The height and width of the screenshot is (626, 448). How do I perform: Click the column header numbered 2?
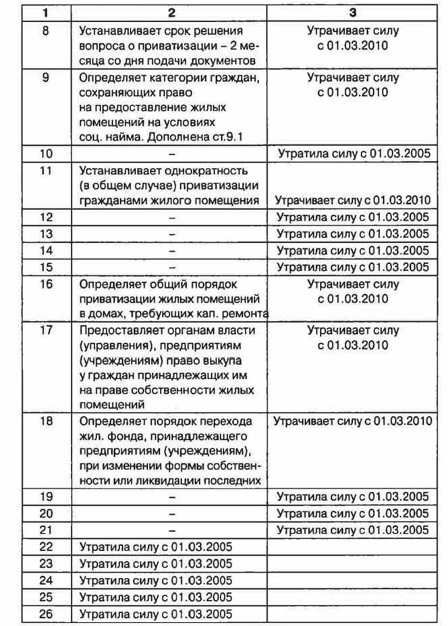tap(172, 12)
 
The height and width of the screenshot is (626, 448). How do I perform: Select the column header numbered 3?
tap(353, 12)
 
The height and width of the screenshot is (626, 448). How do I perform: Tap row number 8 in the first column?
tap(45, 31)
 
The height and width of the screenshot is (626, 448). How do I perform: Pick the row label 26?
tap(45, 614)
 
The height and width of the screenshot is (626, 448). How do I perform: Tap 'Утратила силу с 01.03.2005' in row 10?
tap(353, 154)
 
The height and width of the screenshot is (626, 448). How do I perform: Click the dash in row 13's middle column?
tap(172, 234)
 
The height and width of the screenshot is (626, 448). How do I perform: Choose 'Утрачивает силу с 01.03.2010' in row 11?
tap(353, 200)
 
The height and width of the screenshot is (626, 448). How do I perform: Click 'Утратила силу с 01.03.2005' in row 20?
tap(353, 513)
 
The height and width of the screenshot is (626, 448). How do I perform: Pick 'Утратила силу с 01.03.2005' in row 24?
tap(156, 580)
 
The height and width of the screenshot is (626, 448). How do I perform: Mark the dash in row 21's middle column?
tap(172, 530)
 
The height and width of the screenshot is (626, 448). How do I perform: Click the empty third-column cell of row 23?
tap(353, 563)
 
